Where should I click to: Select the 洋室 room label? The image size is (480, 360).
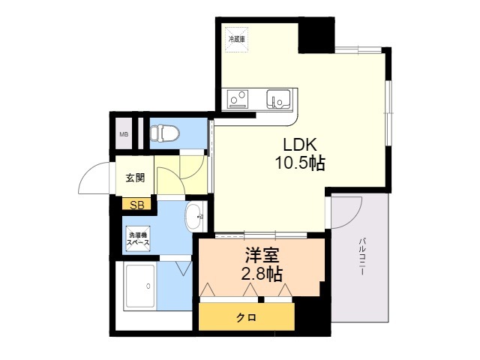pyautogui.click(x=262, y=255)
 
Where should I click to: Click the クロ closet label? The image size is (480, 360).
pyautogui.click(x=246, y=317)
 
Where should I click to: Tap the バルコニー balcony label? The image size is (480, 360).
pyautogui.click(x=361, y=255)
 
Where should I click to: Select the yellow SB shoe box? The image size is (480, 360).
pyautogui.click(x=137, y=204)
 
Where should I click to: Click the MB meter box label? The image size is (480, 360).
pyautogui.click(x=123, y=136)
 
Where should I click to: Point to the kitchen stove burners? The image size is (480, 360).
pyautogui.click(x=238, y=98)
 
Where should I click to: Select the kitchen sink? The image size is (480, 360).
pyautogui.click(x=280, y=98)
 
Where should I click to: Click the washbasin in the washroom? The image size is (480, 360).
pyautogui.click(x=193, y=216)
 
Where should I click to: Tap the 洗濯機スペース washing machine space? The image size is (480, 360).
pyautogui.click(x=138, y=238)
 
